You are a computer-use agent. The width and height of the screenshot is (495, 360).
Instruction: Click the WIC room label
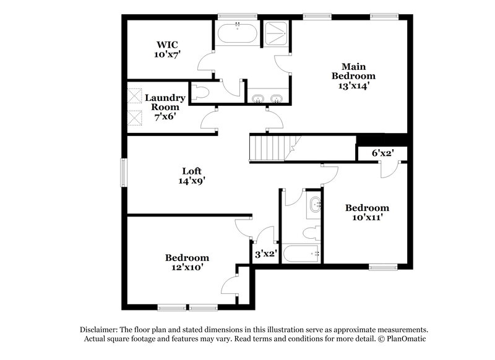coord(167,45)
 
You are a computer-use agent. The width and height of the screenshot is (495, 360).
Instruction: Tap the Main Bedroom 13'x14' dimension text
coord(354,86)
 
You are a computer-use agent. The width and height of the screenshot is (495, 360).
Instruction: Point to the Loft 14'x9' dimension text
coord(191,181)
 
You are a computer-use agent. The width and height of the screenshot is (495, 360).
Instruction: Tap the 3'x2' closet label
coord(265,253)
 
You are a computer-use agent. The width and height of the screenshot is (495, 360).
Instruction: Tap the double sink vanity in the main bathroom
coord(268,98)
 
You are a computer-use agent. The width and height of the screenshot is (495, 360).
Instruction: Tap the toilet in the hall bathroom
coord(312,232)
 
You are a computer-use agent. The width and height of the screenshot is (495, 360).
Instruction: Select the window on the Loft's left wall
coord(124,172)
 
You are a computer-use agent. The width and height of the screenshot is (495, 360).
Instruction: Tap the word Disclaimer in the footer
coord(98,330)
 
